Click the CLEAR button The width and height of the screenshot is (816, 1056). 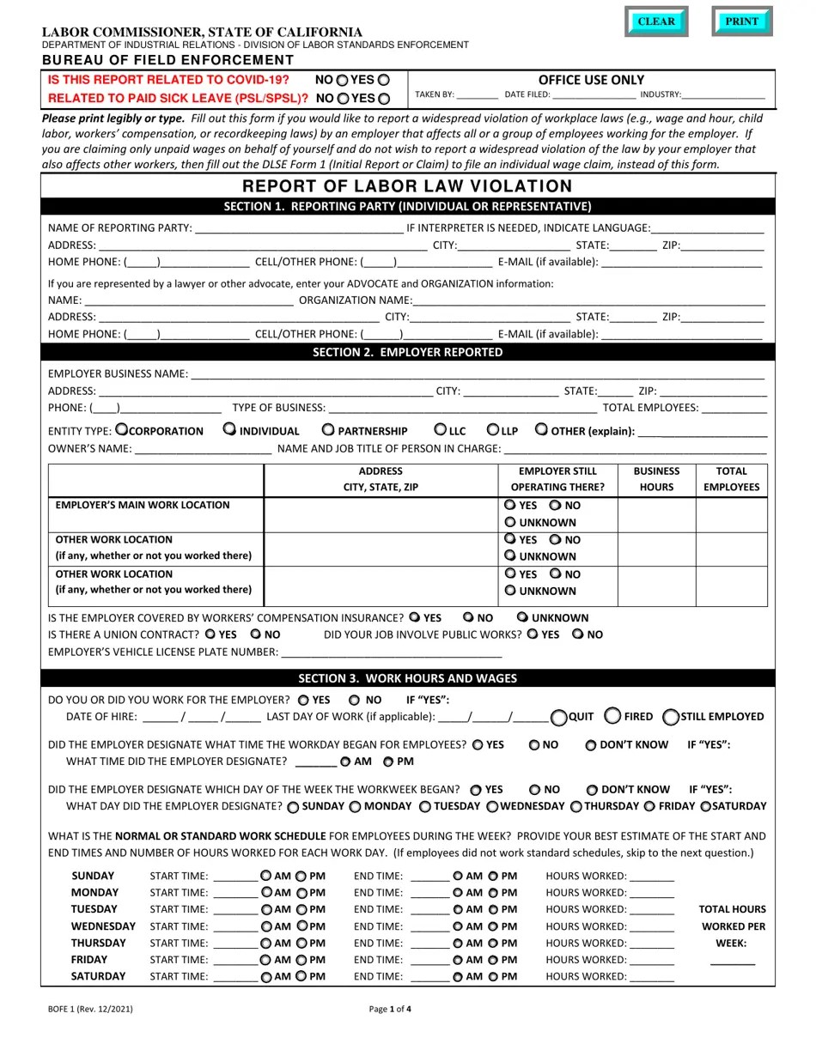[x=656, y=21]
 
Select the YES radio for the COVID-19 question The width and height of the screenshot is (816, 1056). [x=384, y=80]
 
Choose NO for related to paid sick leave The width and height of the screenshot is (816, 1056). [x=343, y=99]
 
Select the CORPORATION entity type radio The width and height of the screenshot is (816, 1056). [x=121, y=429]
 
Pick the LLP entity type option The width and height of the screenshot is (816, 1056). [x=493, y=429]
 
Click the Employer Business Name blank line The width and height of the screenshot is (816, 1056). [x=477, y=373]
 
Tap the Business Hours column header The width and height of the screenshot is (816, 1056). [x=656, y=479]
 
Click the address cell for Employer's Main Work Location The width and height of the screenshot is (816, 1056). [x=381, y=514]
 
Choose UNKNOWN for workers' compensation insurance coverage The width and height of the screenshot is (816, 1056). [x=522, y=617]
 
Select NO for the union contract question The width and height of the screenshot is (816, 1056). [x=255, y=634]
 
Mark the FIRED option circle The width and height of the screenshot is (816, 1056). [x=613, y=716]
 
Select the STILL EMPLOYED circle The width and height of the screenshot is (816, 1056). [x=671, y=717]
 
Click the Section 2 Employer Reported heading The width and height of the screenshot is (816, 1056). [x=408, y=352]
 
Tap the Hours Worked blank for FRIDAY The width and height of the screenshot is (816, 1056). [x=652, y=960]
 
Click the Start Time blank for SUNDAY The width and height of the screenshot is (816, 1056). [x=234, y=877]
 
